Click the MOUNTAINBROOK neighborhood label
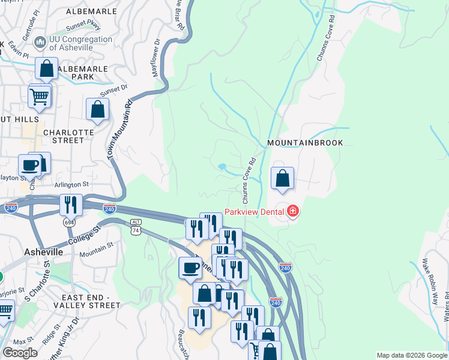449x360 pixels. tap(305, 143)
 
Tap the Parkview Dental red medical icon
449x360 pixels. tap(292, 211)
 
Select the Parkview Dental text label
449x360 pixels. tap(255, 212)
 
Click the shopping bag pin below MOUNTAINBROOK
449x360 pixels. tap(282, 178)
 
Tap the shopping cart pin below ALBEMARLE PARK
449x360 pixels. tap(39, 96)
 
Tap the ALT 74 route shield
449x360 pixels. tap(136, 226)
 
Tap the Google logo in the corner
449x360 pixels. tap(20, 353)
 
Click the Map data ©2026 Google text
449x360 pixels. tap(411, 355)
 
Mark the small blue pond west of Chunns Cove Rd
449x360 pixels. tap(221, 166)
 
